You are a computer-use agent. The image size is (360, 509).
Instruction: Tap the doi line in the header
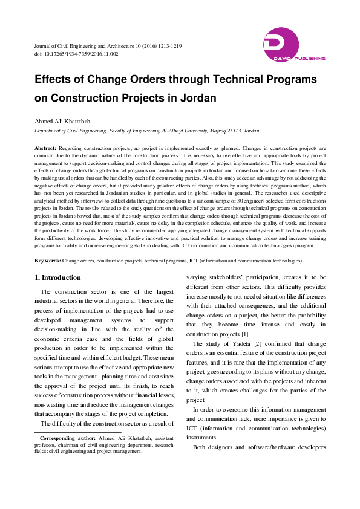(76, 54)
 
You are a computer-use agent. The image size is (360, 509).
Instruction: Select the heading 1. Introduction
(57, 277)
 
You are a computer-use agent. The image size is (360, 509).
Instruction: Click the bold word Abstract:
(45, 148)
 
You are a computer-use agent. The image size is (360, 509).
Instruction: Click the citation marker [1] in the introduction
(245, 334)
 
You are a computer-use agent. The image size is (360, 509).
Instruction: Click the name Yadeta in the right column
(233, 344)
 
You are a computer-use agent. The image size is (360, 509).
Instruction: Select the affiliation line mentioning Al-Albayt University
(147, 130)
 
